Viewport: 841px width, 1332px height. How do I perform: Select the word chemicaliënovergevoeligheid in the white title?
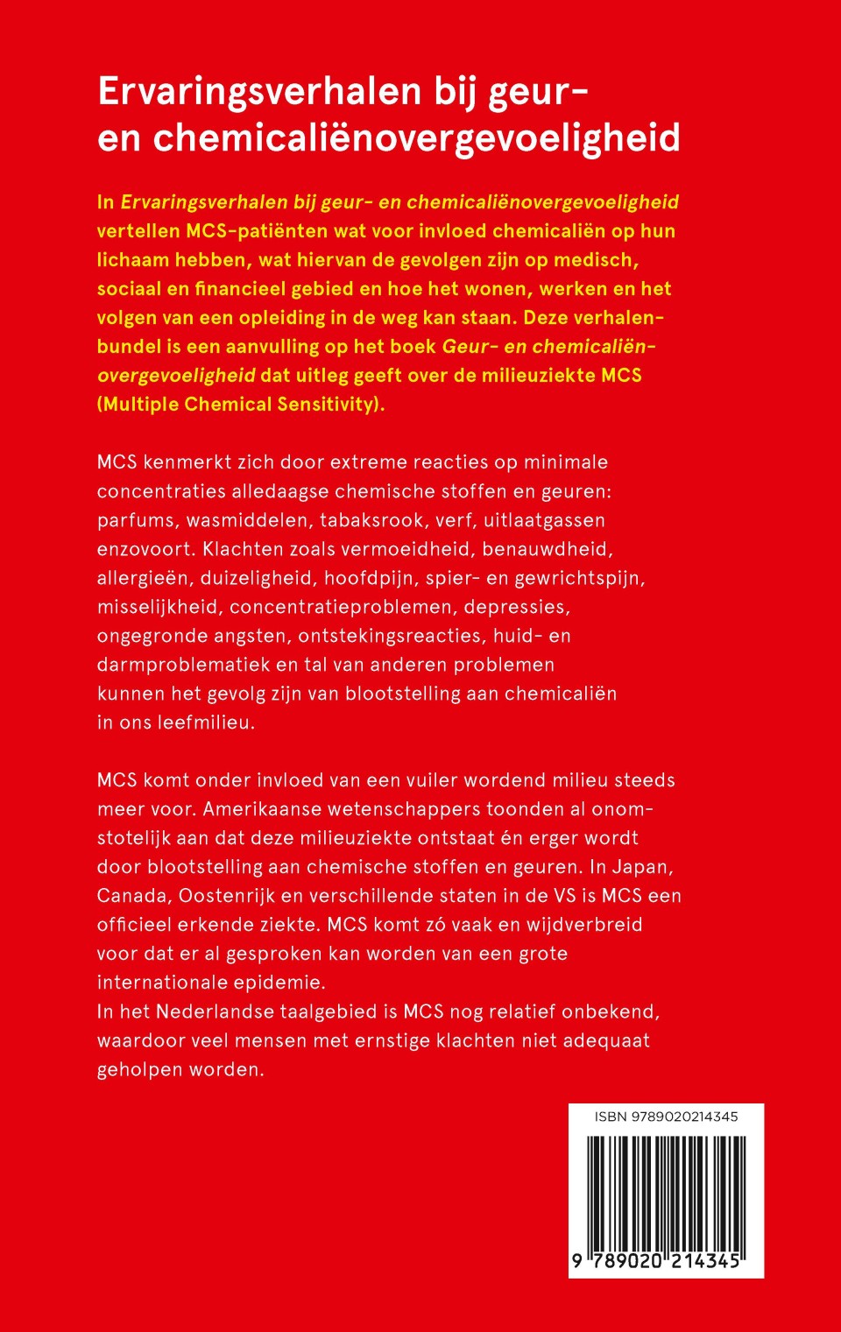417,138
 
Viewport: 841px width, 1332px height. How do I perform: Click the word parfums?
136,520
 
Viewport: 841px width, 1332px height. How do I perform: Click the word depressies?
517,607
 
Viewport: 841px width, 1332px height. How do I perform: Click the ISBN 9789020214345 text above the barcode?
666,1117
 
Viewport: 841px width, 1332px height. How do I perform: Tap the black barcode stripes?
666,1193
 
